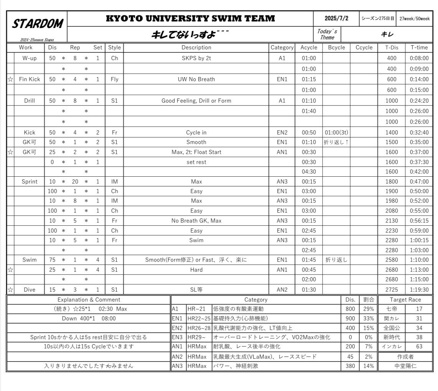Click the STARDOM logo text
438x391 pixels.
point(37,24)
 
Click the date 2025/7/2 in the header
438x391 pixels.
point(336,18)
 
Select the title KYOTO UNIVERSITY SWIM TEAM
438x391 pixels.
point(190,18)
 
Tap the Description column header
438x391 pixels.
point(196,48)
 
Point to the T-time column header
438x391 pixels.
point(419,48)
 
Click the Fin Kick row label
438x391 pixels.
point(30,79)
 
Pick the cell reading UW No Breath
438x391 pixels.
point(196,79)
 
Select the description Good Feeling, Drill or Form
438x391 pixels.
point(196,101)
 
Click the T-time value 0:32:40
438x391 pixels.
point(419,133)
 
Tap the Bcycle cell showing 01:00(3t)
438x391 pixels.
point(336,133)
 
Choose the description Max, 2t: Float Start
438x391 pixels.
point(196,152)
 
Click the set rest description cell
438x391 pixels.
point(196,162)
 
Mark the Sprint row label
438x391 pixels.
point(30,182)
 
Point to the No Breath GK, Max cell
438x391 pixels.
point(196,221)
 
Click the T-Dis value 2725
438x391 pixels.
point(392,290)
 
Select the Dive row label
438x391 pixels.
point(30,290)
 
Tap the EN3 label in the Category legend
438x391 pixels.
point(177,337)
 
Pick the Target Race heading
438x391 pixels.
point(405,300)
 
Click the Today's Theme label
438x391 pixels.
point(327,34)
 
